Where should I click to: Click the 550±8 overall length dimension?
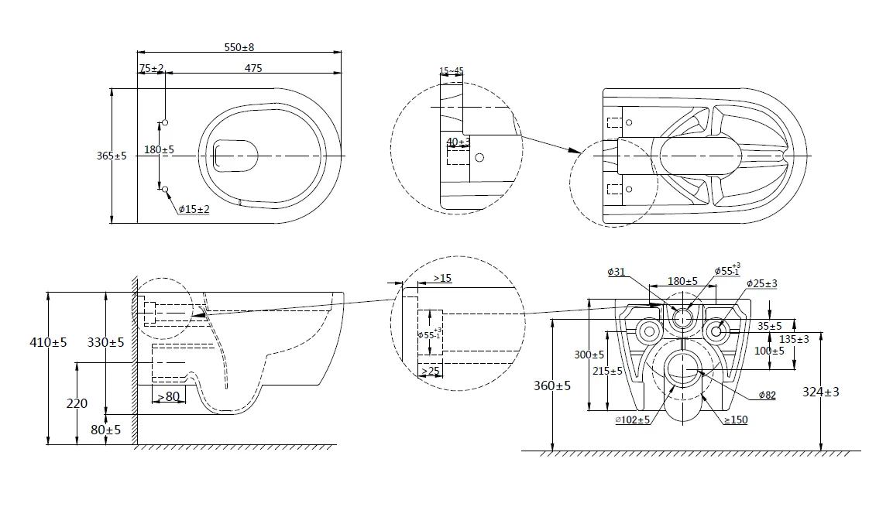point(239,47)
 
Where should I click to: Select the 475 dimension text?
point(253,68)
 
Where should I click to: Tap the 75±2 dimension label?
point(152,68)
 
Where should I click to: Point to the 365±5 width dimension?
point(112,156)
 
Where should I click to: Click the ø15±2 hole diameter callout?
point(194,209)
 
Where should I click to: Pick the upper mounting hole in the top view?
point(164,123)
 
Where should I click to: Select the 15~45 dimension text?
point(452,71)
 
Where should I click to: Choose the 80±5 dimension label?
point(107,430)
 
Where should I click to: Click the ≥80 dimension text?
point(168,397)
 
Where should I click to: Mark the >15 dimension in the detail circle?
point(442,277)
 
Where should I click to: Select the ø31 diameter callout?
point(617,272)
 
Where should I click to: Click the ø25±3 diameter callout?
point(762,283)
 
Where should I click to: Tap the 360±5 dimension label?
point(552,385)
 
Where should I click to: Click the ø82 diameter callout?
point(767,396)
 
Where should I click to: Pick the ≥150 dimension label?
point(736,420)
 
